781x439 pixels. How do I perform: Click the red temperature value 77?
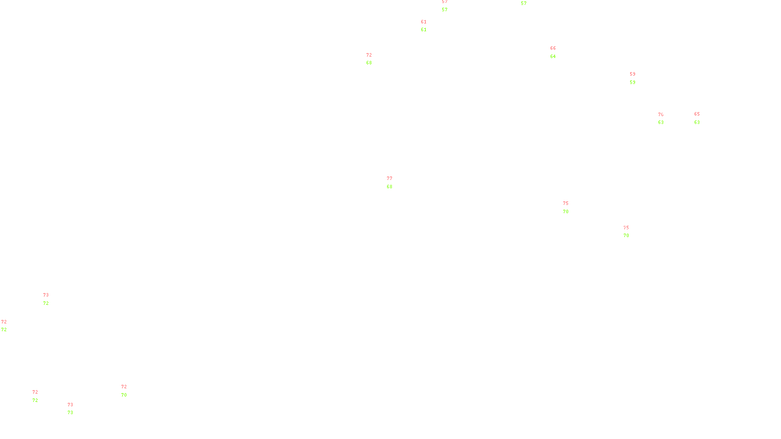click(x=390, y=179)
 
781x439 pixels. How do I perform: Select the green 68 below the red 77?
click(x=390, y=187)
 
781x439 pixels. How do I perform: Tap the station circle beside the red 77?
click(x=394, y=182)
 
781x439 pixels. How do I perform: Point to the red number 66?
click(x=553, y=48)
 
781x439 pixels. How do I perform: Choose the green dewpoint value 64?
click(x=553, y=57)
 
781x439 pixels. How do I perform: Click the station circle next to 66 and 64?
click(x=558, y=52)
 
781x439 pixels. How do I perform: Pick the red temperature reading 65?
click(x=697, y=114)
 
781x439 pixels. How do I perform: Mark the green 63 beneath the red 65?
click(x=697, y=122)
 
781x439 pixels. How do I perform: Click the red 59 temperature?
click(x=633, y=74)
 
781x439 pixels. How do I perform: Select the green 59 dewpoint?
click(x=633, y=82)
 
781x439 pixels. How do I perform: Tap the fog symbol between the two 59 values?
click(x=633, y=78)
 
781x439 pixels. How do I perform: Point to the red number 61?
click(x=424, y=22)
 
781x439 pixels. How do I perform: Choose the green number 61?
click(x=424, y=30)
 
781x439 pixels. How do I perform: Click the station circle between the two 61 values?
click(x=428, y=26)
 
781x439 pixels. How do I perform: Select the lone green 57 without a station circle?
click(x=524, y=3)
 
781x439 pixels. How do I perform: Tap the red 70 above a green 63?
click(x=660, y=115)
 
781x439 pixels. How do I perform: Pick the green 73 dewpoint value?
click(x=70, y=413)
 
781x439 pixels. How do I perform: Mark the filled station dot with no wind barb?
click(x=8, y=326)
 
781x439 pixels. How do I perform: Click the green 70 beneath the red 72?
click(x=124, y=395)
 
